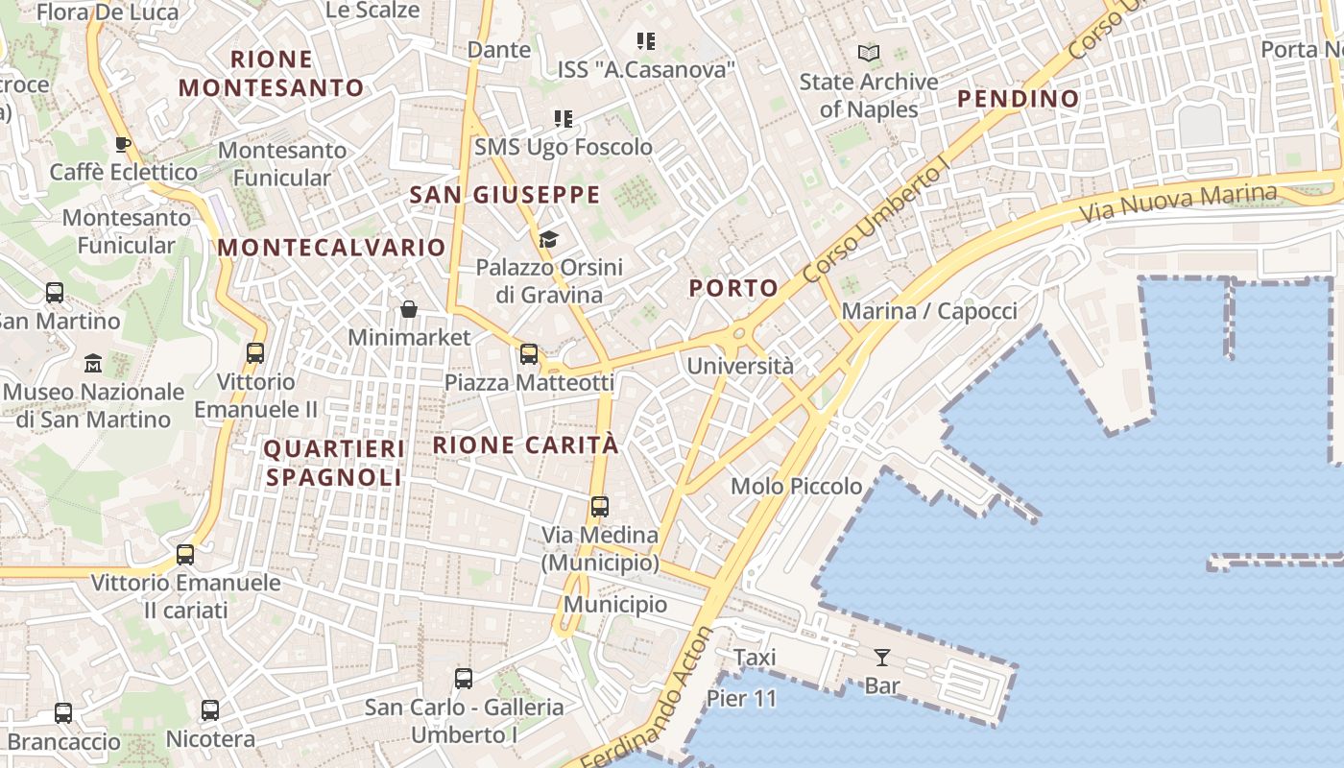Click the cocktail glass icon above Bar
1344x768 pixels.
click(881, 658)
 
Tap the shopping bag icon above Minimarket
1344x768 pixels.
click(409, 309)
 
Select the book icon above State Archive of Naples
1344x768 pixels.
click(869, 53)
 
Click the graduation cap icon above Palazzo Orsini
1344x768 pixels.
click(548, 239)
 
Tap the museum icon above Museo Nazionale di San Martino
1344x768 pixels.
click(93, 364)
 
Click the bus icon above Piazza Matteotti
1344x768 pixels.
click(529, 354)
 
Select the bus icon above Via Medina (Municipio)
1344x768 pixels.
click(600, 507)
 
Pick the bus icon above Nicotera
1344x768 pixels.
click(210, 711)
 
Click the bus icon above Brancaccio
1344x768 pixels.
click(63, 713)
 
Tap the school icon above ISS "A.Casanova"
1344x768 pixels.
click(646, 41)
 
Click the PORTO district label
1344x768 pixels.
click(733, 288)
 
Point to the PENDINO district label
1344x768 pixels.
click(1018, 99)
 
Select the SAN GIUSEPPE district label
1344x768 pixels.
click(505, 195)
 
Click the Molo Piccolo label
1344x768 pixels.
click(797, 487)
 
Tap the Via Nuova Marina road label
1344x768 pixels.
click(1179, 202)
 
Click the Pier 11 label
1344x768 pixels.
click(741, 699)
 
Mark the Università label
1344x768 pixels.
click(740, 366)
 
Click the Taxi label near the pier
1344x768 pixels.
click(755, 658)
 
